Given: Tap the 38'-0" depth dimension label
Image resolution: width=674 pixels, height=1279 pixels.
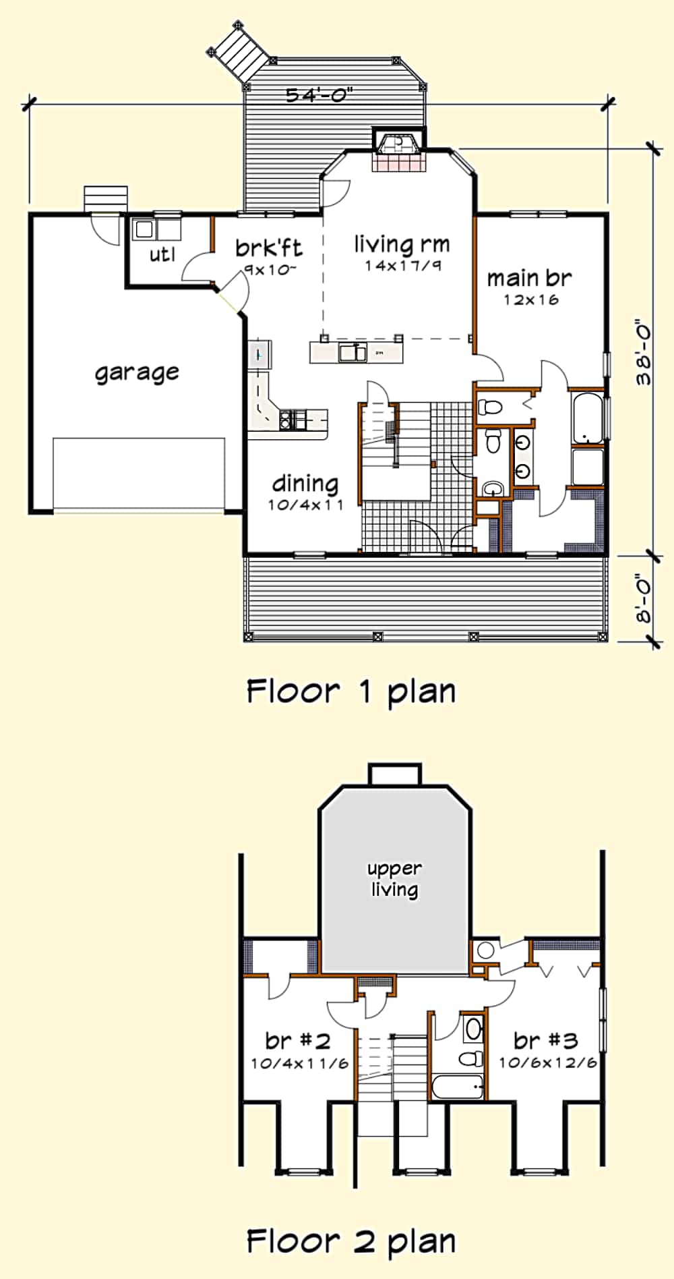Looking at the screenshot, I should point(644,352).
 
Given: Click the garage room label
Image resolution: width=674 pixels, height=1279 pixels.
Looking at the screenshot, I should point(137,372).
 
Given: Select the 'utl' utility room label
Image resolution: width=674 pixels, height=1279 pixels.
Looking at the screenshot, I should point(162,254).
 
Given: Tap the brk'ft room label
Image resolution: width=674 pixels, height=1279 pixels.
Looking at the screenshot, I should point(268,248).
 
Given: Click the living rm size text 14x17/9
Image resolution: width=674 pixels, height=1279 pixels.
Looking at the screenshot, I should point(402,266).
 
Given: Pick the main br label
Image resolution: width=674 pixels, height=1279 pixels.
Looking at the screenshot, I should point(529,278).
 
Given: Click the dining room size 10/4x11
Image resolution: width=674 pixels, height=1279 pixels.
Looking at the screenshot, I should point(305,505).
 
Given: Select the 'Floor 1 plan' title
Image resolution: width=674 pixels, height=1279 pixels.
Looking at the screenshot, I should point(350,691).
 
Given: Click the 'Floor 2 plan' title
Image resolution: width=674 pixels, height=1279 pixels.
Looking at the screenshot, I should point(350,1241).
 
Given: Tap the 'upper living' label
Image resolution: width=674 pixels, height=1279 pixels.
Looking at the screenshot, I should point(395,879).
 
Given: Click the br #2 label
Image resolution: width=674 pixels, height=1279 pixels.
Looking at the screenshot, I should point(297,1041).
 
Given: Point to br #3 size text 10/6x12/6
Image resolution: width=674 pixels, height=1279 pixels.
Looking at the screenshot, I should point(547,1062).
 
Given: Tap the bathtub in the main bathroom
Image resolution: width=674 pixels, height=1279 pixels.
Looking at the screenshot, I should point(586,418).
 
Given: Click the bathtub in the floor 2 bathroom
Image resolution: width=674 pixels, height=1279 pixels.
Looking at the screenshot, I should point(457,1087).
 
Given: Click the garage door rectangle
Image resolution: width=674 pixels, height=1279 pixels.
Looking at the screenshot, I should point(139,474).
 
